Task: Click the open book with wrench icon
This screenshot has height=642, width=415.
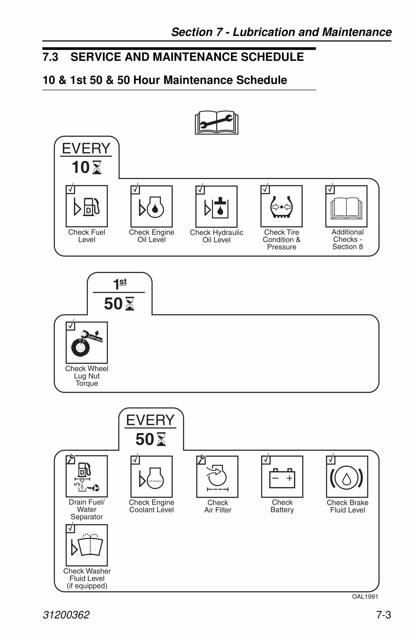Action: [x=216, y=122]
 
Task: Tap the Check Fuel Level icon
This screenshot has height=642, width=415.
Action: [x=87, y=206]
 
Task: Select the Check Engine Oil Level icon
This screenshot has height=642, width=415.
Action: [x=152, y=207]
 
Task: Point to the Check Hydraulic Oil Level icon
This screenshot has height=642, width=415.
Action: [x=217, y=207]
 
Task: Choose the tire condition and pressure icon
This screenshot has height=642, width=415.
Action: [x=282, y=207]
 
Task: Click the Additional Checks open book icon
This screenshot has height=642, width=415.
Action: [x=347, y=207]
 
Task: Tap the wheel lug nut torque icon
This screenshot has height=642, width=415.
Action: [x=87, y=343]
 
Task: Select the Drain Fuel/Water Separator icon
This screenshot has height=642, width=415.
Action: [x=87, y=476]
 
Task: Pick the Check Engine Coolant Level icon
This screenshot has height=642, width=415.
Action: [x=152, y=477]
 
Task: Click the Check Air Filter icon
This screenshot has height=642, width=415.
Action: [x=217, y=477]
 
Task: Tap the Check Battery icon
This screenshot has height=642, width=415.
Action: [x=282, y=477]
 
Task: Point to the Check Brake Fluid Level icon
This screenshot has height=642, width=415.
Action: [x=347, y=477]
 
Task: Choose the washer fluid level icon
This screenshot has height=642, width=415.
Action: [x=87, y=545]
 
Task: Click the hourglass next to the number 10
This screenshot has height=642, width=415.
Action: [x=97, y=168]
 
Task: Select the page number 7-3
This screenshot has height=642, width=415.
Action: [x=384, y=615]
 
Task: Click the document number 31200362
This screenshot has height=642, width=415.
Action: [x=66, y=615]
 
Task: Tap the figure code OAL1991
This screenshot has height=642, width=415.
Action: [x=365, y=597]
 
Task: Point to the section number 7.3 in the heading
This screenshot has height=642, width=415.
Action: [x=50, y=57]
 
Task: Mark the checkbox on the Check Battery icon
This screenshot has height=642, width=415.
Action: [x=266, y=459]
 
